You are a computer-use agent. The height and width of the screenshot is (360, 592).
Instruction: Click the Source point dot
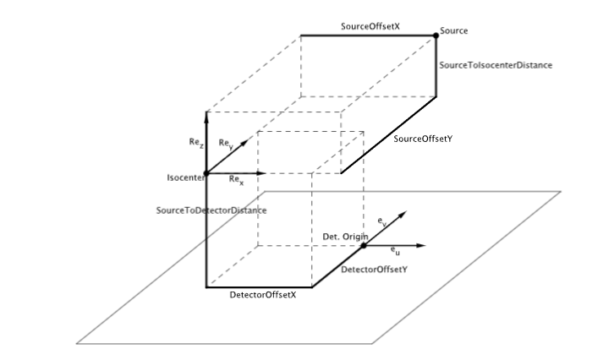click(436, 34)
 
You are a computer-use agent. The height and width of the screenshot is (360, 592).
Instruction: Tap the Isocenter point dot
click(206, 173)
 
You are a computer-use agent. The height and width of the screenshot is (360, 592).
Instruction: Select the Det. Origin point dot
click(363, 245)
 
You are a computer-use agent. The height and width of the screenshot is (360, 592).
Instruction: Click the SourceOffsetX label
click(370, 27)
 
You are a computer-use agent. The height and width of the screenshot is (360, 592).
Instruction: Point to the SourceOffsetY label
click(423, 139)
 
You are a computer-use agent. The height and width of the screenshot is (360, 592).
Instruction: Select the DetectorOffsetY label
click(374, 270)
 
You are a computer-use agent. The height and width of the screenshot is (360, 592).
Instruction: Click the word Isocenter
click(184, 178)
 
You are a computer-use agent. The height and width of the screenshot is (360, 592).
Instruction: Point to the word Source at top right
click(454, 30)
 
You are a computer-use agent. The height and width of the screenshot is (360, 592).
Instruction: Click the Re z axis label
click(195, 145)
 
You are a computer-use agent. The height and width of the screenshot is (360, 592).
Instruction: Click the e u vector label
click(396, 251)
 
